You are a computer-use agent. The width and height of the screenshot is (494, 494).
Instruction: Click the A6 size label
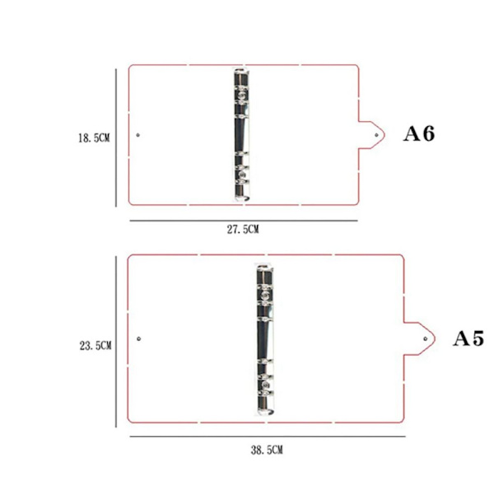[419, 133]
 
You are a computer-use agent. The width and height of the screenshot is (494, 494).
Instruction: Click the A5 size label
[468, 338]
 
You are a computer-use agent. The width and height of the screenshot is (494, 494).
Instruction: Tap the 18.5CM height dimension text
[94, 137]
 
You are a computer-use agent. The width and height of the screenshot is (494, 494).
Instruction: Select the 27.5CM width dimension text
[243, 229]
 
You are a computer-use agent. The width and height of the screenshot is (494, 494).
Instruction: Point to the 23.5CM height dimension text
[96, 346]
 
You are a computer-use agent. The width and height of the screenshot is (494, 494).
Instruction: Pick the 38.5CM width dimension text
[267, 450]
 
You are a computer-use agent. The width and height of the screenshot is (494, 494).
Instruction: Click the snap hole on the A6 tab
[376, 135]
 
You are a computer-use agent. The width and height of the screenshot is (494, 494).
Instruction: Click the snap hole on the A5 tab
[426, 338]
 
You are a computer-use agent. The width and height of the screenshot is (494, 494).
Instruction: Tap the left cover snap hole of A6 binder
[137, 135]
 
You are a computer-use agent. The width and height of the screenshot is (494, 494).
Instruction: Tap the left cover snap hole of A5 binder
[138, 338]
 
